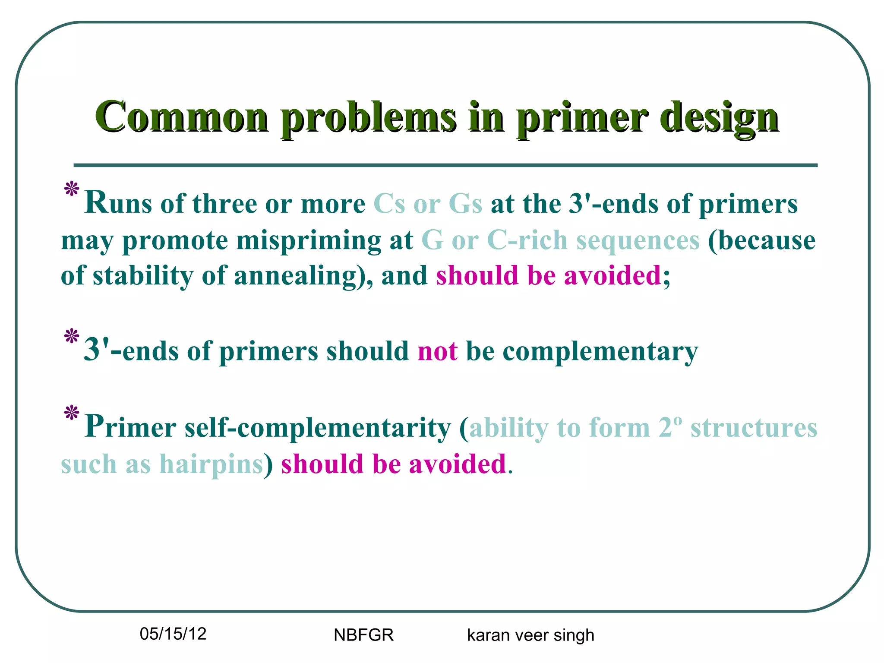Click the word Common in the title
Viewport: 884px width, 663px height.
[182, 117]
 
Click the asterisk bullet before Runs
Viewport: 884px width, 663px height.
[71, 190]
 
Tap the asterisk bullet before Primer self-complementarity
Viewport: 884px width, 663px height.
[71, 413]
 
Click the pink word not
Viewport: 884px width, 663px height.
[437, 350]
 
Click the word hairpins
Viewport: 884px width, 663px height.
[211, 464]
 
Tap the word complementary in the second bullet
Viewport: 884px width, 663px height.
[600, 351]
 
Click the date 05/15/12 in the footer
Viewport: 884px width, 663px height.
[173, 634]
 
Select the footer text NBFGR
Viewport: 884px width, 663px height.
[363, 635]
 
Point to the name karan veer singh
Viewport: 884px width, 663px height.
[530, 635]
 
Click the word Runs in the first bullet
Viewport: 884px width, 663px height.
[118, 203]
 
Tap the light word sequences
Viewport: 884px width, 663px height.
[638, 240]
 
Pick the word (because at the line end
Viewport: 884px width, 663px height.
[761, 240]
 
